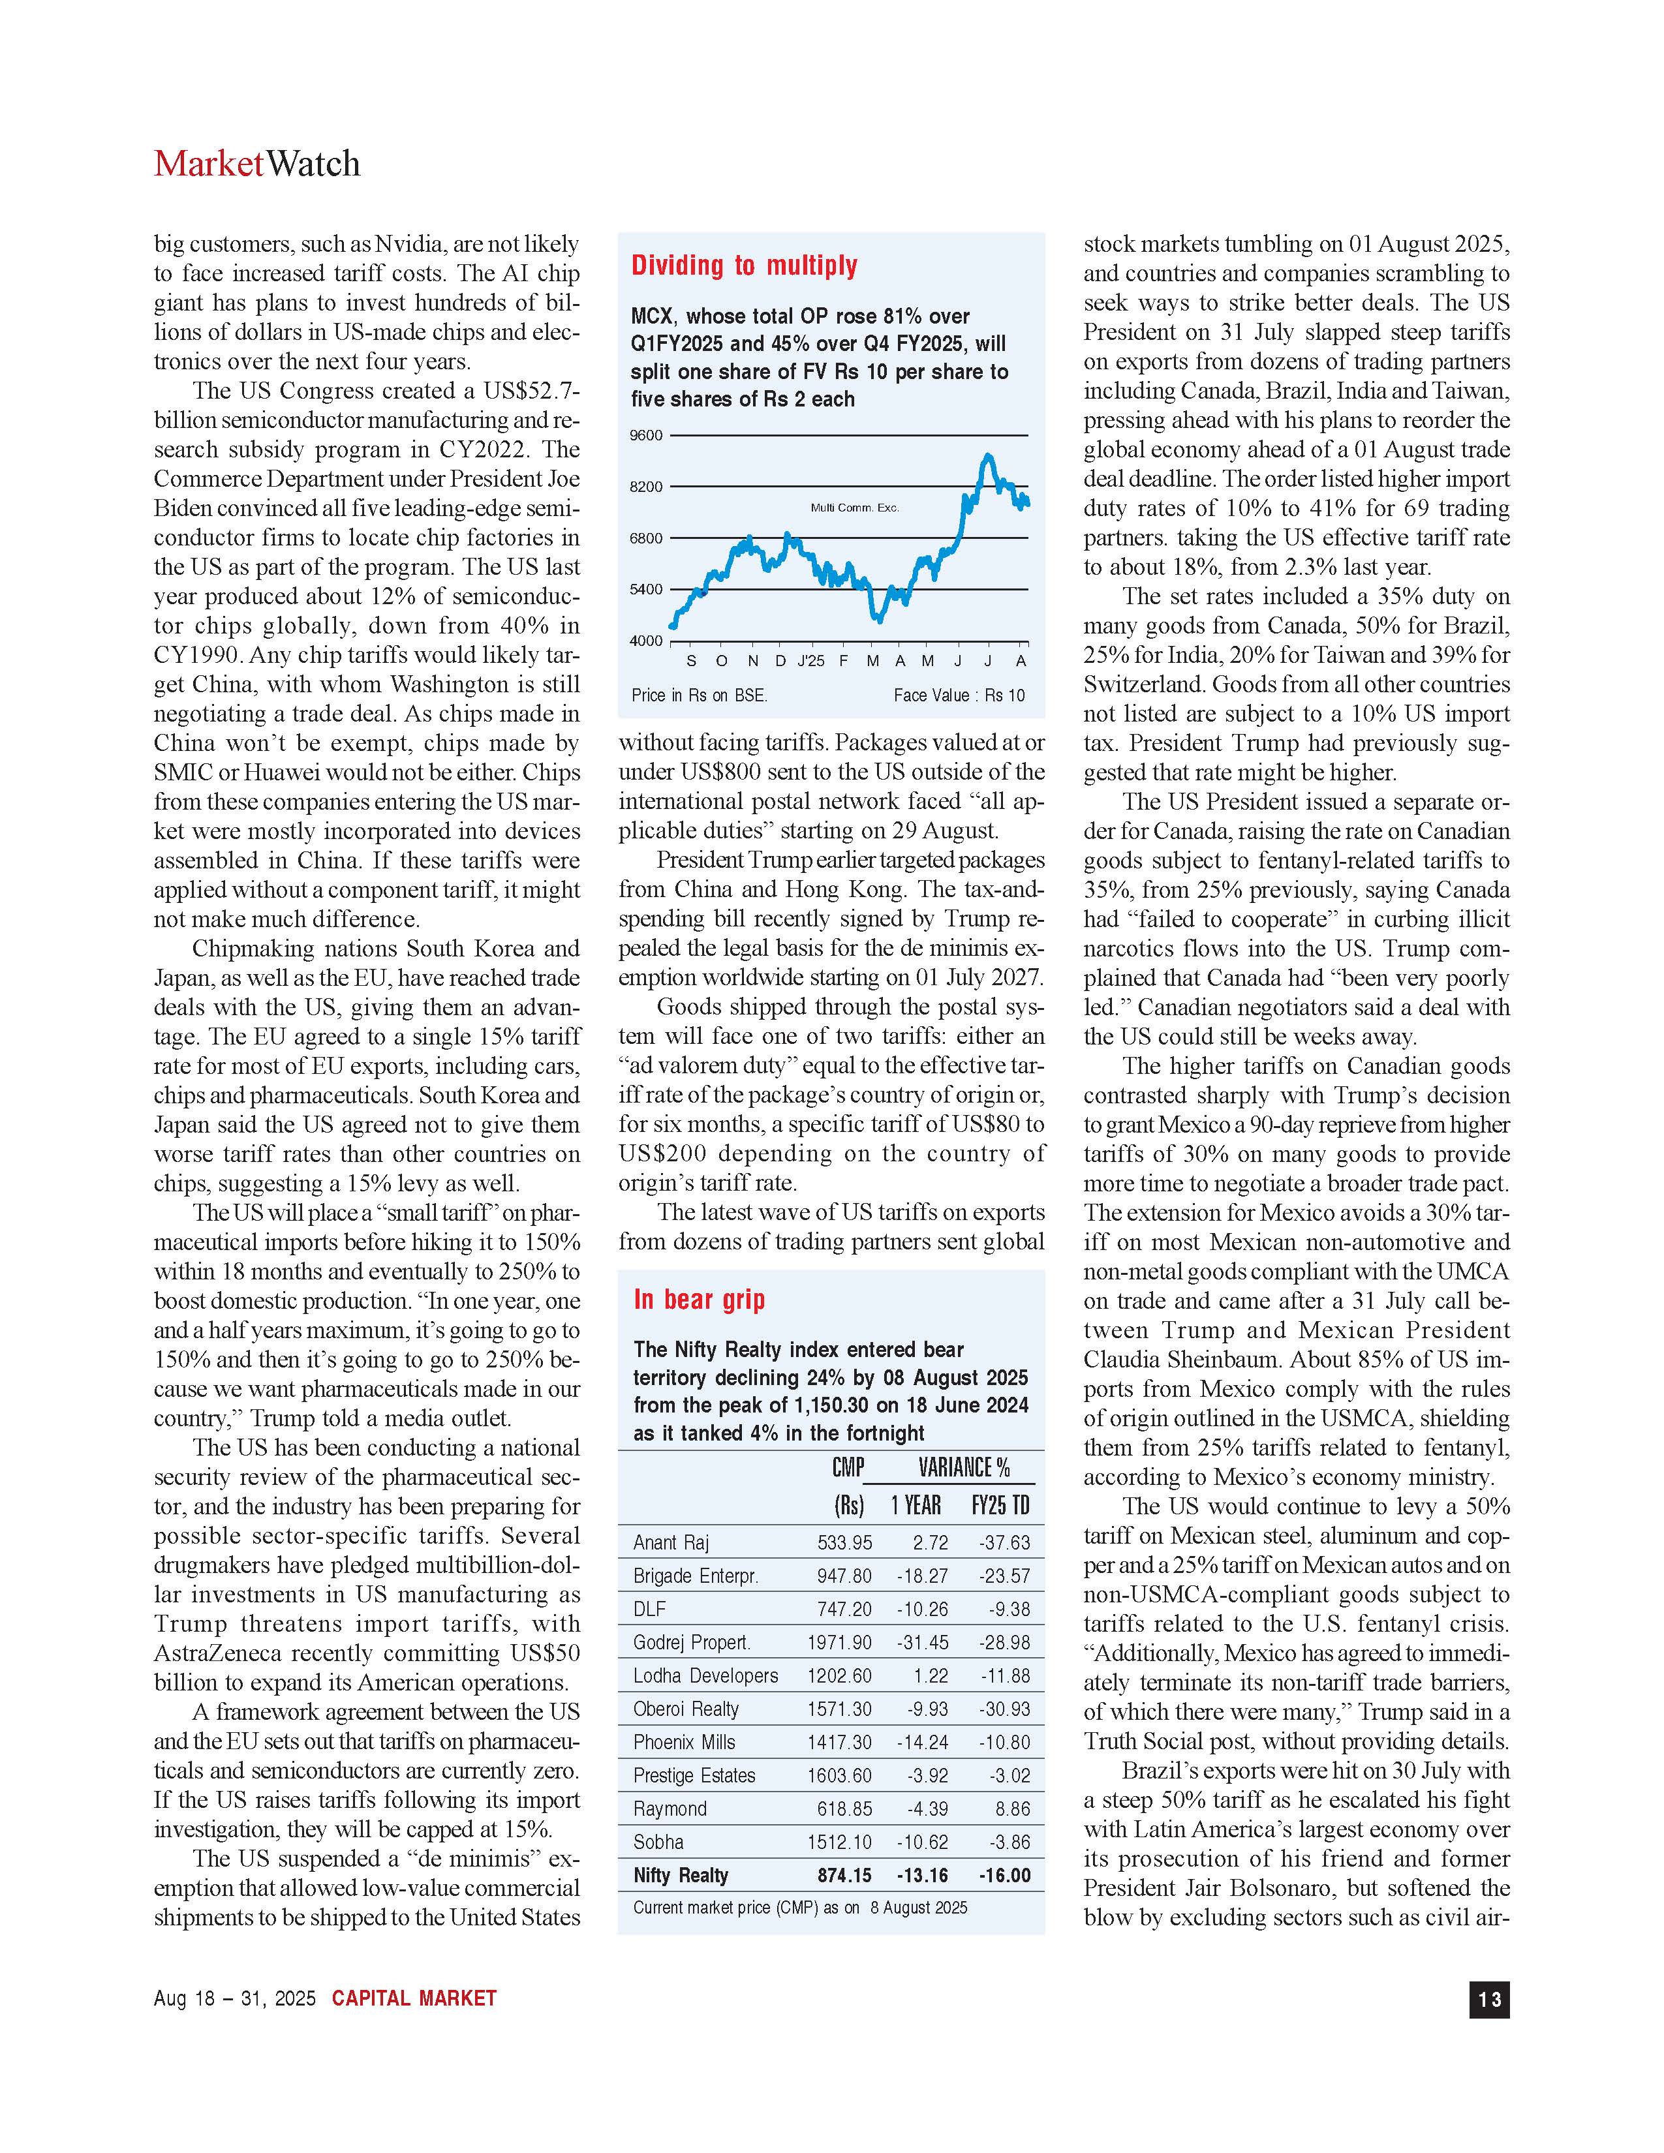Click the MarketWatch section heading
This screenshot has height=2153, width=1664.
(x=256, y=164)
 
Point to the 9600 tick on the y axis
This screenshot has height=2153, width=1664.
(x=647, y=435)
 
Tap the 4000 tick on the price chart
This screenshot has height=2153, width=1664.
(x=647, y=641)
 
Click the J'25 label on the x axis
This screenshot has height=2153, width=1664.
(x=810, y=660)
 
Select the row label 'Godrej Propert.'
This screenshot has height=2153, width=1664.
(x=691, y=1642)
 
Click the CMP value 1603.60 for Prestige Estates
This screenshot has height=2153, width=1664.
(x=839, y=1775)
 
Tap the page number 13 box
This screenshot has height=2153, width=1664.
(x=1488, y=1998)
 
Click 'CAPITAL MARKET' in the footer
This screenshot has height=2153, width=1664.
(x=414, y=1998)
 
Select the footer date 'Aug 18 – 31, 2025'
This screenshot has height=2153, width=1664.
(x=235, y=1998)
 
